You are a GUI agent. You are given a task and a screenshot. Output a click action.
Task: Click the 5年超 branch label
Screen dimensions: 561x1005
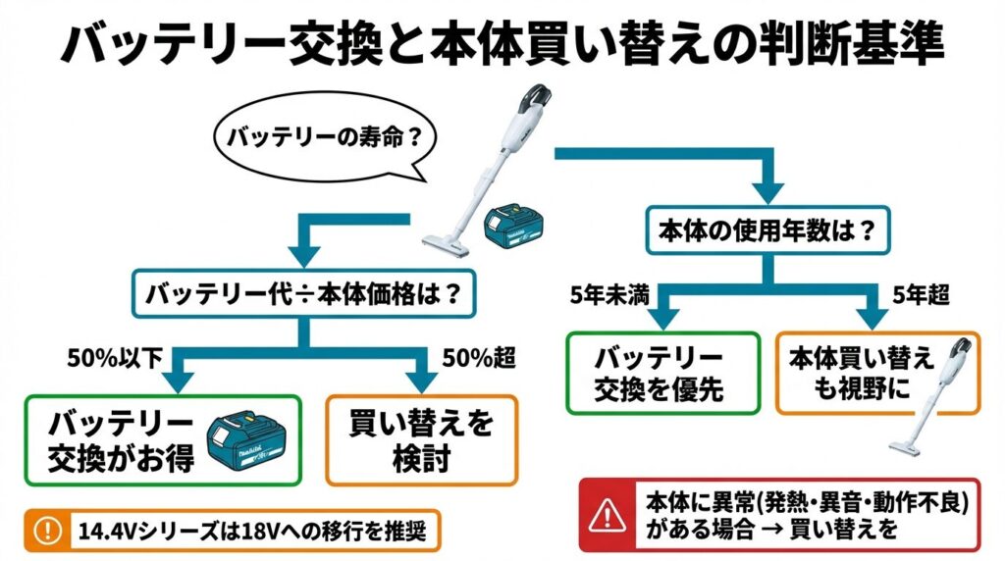(920, 295)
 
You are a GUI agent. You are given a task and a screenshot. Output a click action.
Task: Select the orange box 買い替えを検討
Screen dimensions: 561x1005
(421, 439)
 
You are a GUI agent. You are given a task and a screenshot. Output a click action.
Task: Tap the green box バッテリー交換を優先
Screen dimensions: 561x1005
(660, 374)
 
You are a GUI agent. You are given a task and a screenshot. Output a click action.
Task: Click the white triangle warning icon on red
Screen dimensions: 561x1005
(609, 513)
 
